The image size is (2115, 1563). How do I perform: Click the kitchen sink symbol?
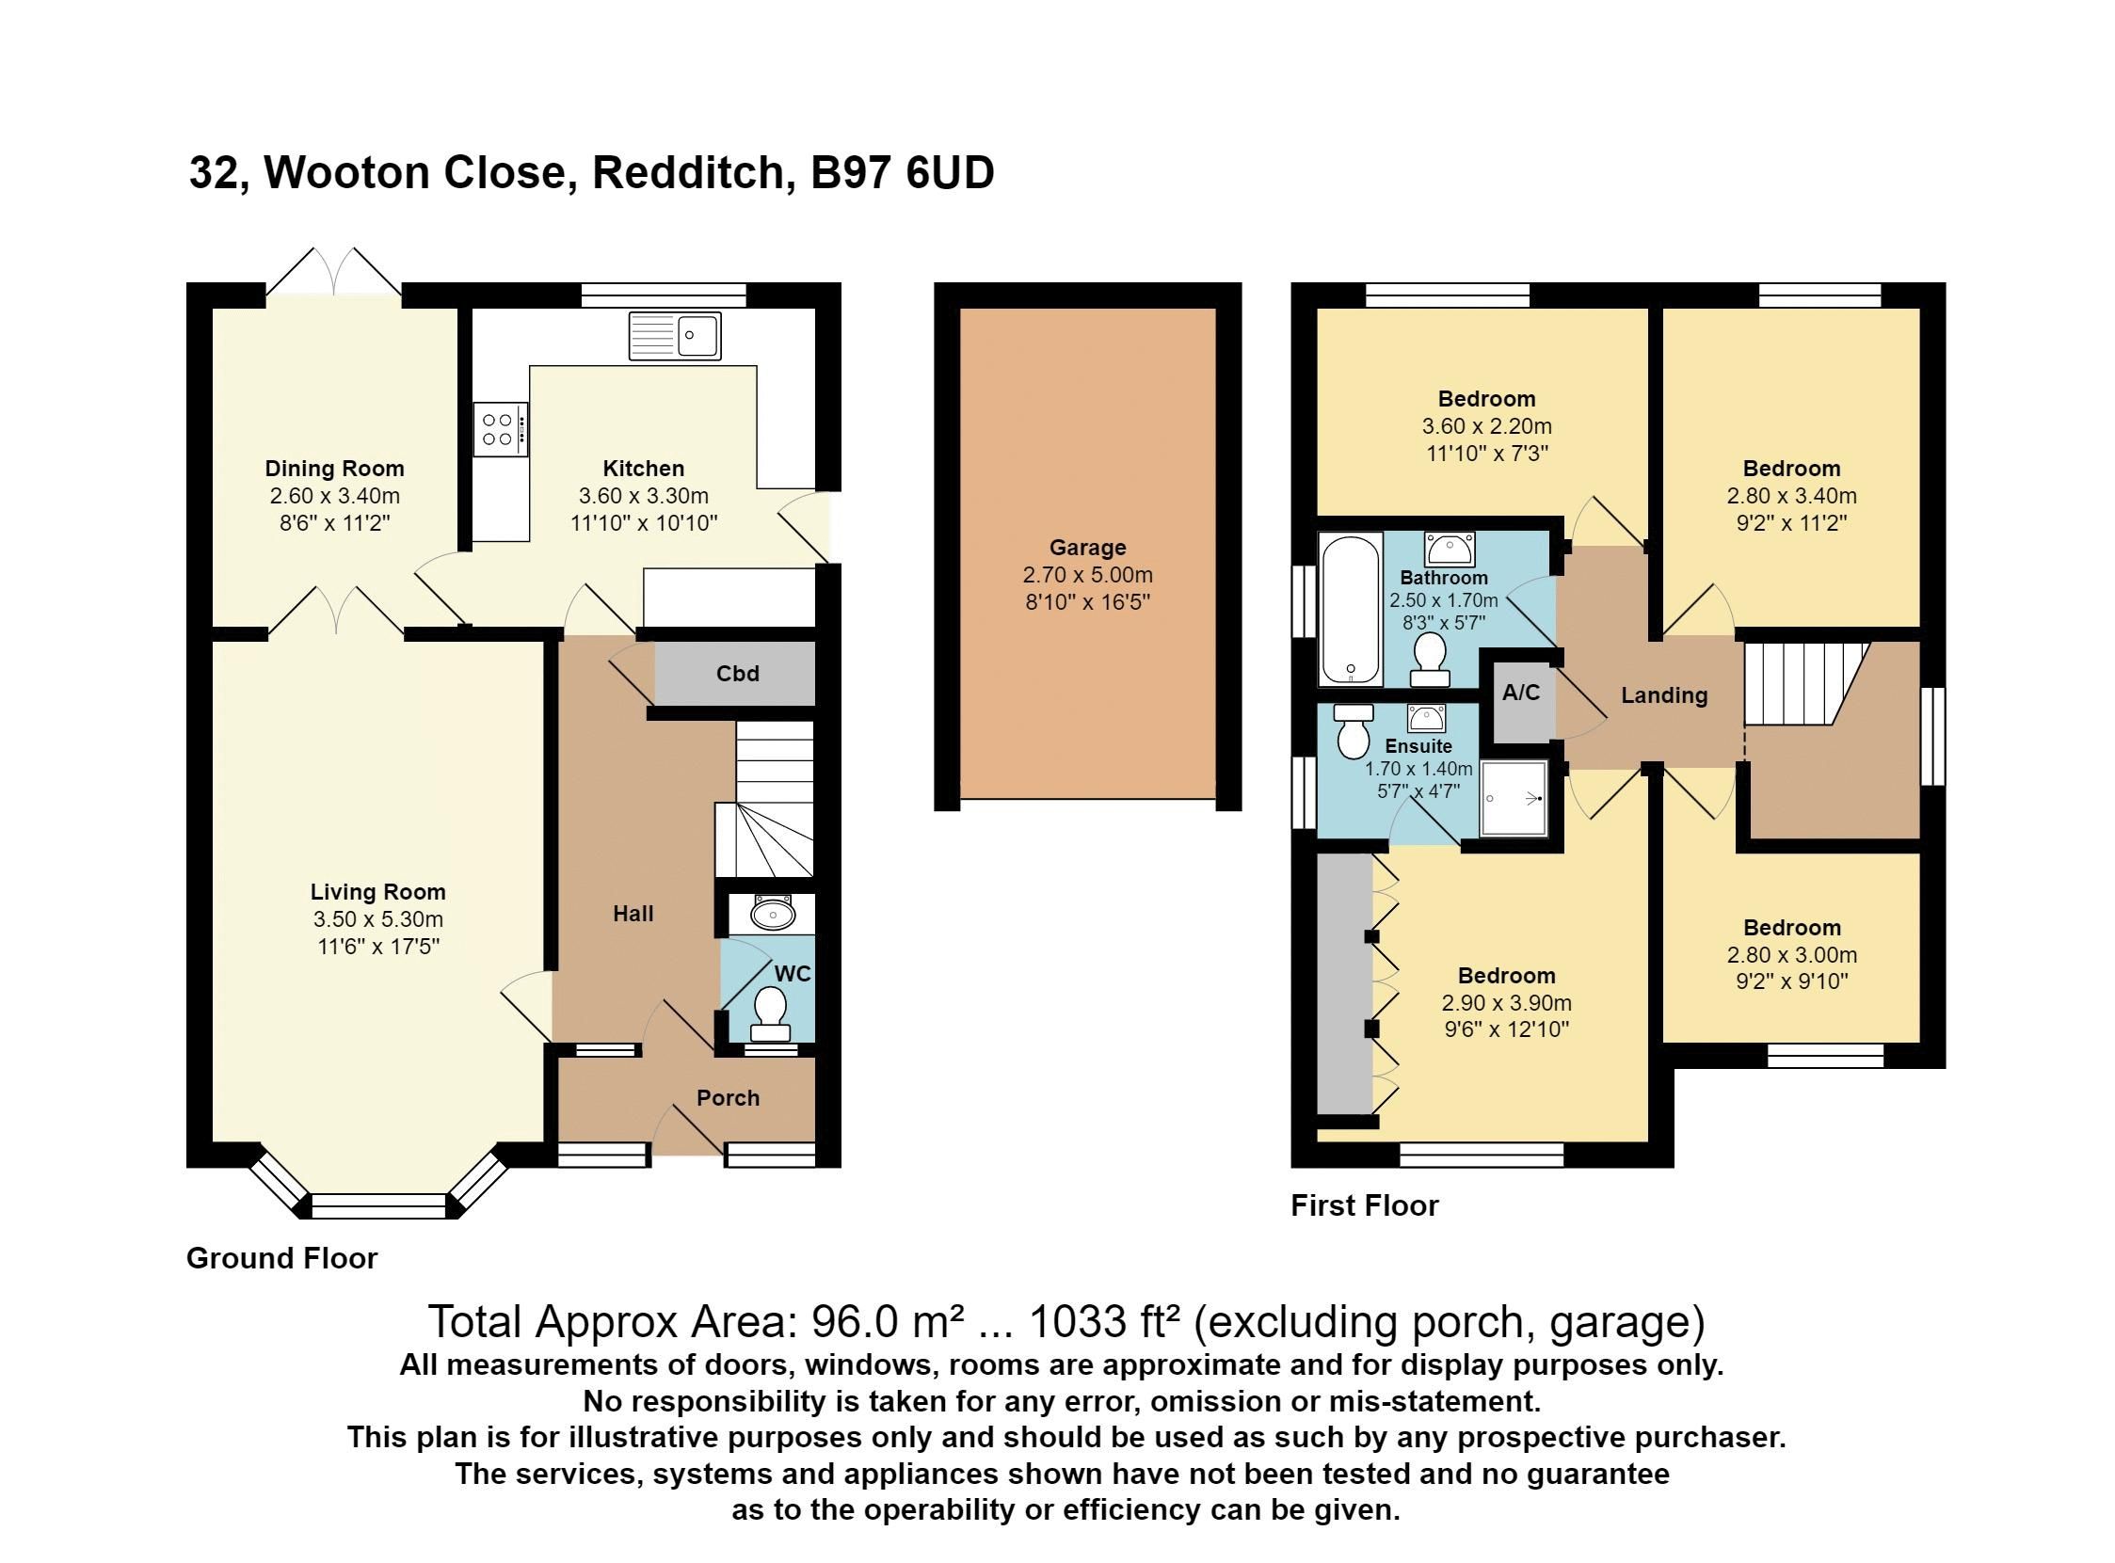675,336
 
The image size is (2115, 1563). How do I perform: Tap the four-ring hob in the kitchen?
501,429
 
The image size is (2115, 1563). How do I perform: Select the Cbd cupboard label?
737,674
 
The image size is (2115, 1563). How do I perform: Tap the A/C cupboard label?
1521,693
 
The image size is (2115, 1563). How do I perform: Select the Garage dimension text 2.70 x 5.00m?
1087,574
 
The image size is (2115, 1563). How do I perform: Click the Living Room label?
377,891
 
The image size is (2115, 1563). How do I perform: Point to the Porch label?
728,1097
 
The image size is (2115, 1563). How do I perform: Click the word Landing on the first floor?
1663,695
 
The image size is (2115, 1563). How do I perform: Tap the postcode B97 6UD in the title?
902,173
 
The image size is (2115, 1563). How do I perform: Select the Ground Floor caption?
282,1258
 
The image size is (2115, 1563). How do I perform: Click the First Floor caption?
1365,1205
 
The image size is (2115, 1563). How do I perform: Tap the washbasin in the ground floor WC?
772,914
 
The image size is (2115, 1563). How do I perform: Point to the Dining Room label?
334,469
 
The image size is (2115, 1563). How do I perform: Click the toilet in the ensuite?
1354,732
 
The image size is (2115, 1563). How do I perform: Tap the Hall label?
633,913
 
